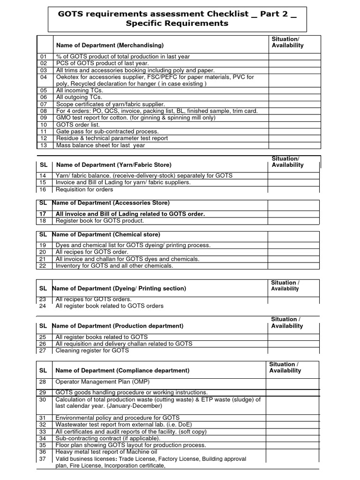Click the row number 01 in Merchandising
click(44, 56)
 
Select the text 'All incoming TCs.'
click(79, 90)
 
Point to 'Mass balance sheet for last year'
click(101, 145)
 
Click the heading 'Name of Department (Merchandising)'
click(110, 45)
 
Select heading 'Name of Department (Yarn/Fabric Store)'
click(113, 165)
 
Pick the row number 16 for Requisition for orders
click(43, 189)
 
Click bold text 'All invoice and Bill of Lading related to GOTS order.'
click(130, 214)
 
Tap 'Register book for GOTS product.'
click(100, 220)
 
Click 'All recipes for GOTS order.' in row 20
click(92, 252)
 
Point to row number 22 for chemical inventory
click(43, 266)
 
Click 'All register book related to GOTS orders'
click(110, 306)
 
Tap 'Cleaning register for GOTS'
click(92, 350)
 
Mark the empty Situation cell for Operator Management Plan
click(292, 383)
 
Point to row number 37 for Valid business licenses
click(43, 458)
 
